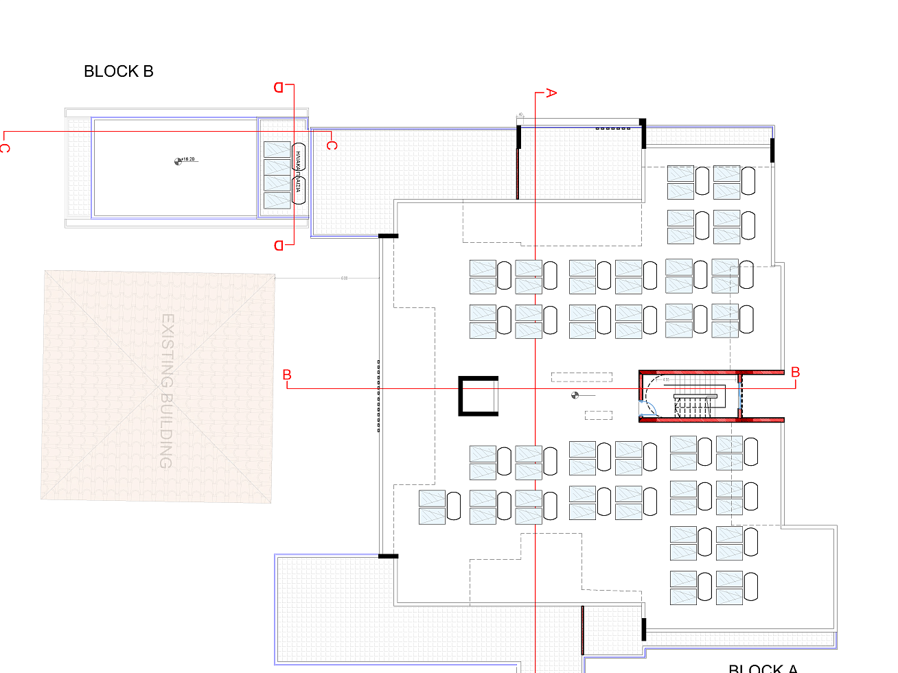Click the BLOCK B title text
pyautogui.click(x=118, y=71)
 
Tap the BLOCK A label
pyautogui.click(x=763, y=668)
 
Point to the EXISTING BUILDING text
pyautogui.click(x=167, y=390)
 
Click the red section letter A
pyautogui.click(x=551, y=93)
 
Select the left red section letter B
pyautogui.click(x=287, y=375)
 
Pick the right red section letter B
pyautogui.click(x=795, y=372)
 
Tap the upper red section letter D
pyautogui.click(x=279, y=87)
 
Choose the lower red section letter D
pyautogui.click(x=279, y=246)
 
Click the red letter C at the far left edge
pyautogui.click(x=5, y=147)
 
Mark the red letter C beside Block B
pyautogui.click(x=332, y=145)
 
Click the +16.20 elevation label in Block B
pyautogui.click(x=188, y=159)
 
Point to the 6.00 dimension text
pyautogui.click(x=344, y=278)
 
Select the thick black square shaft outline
pyautogui.click(x=478, y=396)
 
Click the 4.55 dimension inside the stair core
pyautogui.click(x=666, y=379)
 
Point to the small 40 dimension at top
pyautogui.click(x=520, y=115)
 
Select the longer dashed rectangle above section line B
pyautogui.click(x=582, y=377)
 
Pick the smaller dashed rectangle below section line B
pyautogui.click(x=598, y=415)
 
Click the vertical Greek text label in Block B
pyautogui.click(x=298, y=172)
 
